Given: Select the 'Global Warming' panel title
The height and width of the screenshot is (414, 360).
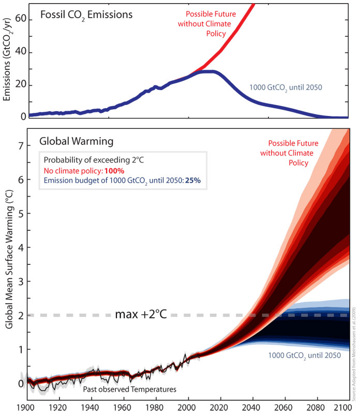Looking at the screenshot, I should (74, 141).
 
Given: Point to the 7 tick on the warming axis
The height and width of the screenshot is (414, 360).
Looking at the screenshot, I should (21, 146).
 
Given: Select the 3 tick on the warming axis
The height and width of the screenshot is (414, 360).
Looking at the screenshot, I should (21, 281).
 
